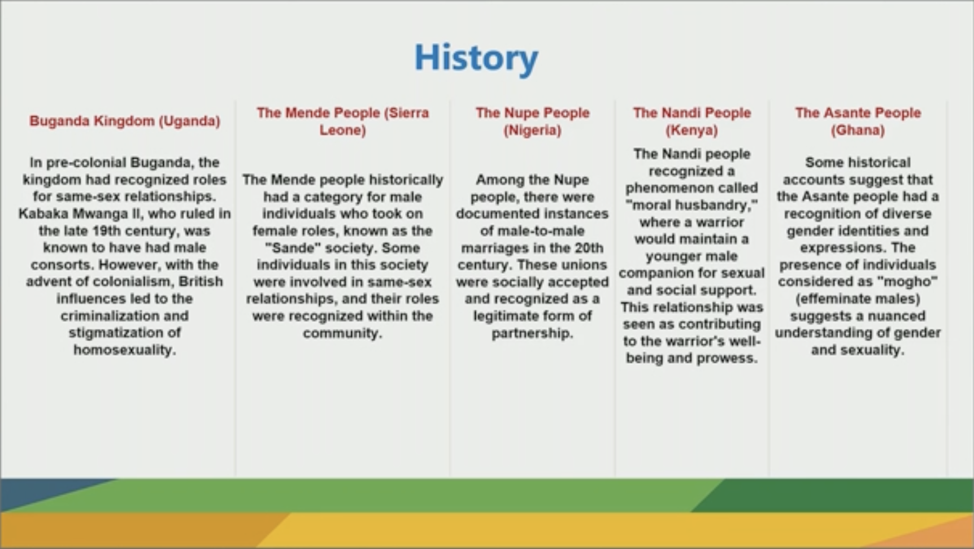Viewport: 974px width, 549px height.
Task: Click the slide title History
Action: click(x=476, y=58)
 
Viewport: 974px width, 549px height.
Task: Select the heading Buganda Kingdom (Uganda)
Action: click(x=125, y=121)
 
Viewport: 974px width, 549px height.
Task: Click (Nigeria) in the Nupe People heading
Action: click(x=532, y=130)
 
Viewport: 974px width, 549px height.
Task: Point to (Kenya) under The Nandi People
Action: click(x=692, y=130)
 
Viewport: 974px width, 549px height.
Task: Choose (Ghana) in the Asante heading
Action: click(x=858, y=130)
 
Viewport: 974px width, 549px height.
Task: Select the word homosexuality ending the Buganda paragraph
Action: click(x=124, y=350)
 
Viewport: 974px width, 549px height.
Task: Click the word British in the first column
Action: click(x=201, y=281)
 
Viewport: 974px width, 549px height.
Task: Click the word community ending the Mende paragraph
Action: click(x=342, y=333)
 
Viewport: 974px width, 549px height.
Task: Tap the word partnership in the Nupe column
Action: click(x=532, y=333)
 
